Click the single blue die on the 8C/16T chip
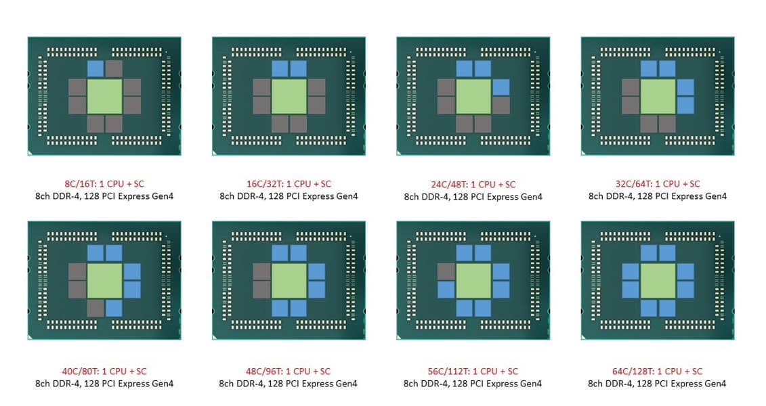[x=95, y=68]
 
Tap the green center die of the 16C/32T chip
[x=289, y=97]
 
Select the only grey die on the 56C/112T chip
[x=446, y=272]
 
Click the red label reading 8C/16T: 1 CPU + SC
[x=104, y=184]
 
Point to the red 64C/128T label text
[x=657, y=371]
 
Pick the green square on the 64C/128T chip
[x=658, y=281]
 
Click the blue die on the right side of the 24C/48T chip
[x=501, y=87]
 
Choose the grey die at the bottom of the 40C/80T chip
[x=95, y=308]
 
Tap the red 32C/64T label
[x=658, y=184]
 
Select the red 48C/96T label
[x=289, y=371]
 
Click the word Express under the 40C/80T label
[x=135, y=384]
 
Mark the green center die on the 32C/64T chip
[x=658, y=97]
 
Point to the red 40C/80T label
[x=104, y=371]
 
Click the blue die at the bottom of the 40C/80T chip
[x=114, y=308]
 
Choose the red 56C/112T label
[x=473, y=371]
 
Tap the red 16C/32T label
[x=289, y=184]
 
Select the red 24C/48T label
[x=473, y=185]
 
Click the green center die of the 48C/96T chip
[x=289, y=281]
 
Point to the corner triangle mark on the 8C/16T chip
[x=30, y=153]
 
